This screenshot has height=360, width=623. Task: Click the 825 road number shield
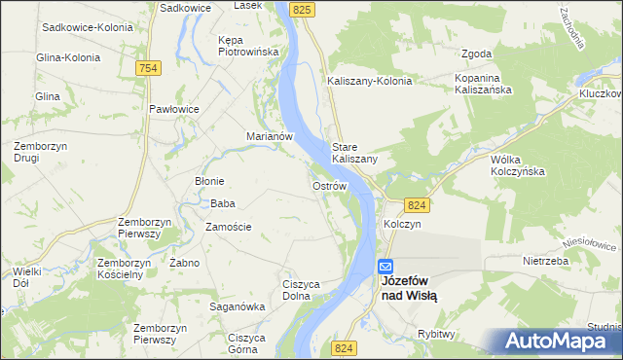[302, 9]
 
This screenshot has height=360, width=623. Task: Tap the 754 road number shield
[148, 67]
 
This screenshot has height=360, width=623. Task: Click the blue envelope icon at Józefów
[385, 266]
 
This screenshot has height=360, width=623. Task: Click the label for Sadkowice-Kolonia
[87, 27]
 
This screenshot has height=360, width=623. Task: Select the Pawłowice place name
[174, 109]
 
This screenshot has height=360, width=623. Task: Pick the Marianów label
[270, 136]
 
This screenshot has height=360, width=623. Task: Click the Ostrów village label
[330, 185]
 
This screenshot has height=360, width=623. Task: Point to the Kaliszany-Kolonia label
[370, 81]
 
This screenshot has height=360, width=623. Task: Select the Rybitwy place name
[436, 333]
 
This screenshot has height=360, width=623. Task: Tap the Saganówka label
[238, 306]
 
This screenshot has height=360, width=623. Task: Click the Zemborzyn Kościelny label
[124, 269]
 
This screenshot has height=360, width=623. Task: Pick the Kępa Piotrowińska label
[248, 45]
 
